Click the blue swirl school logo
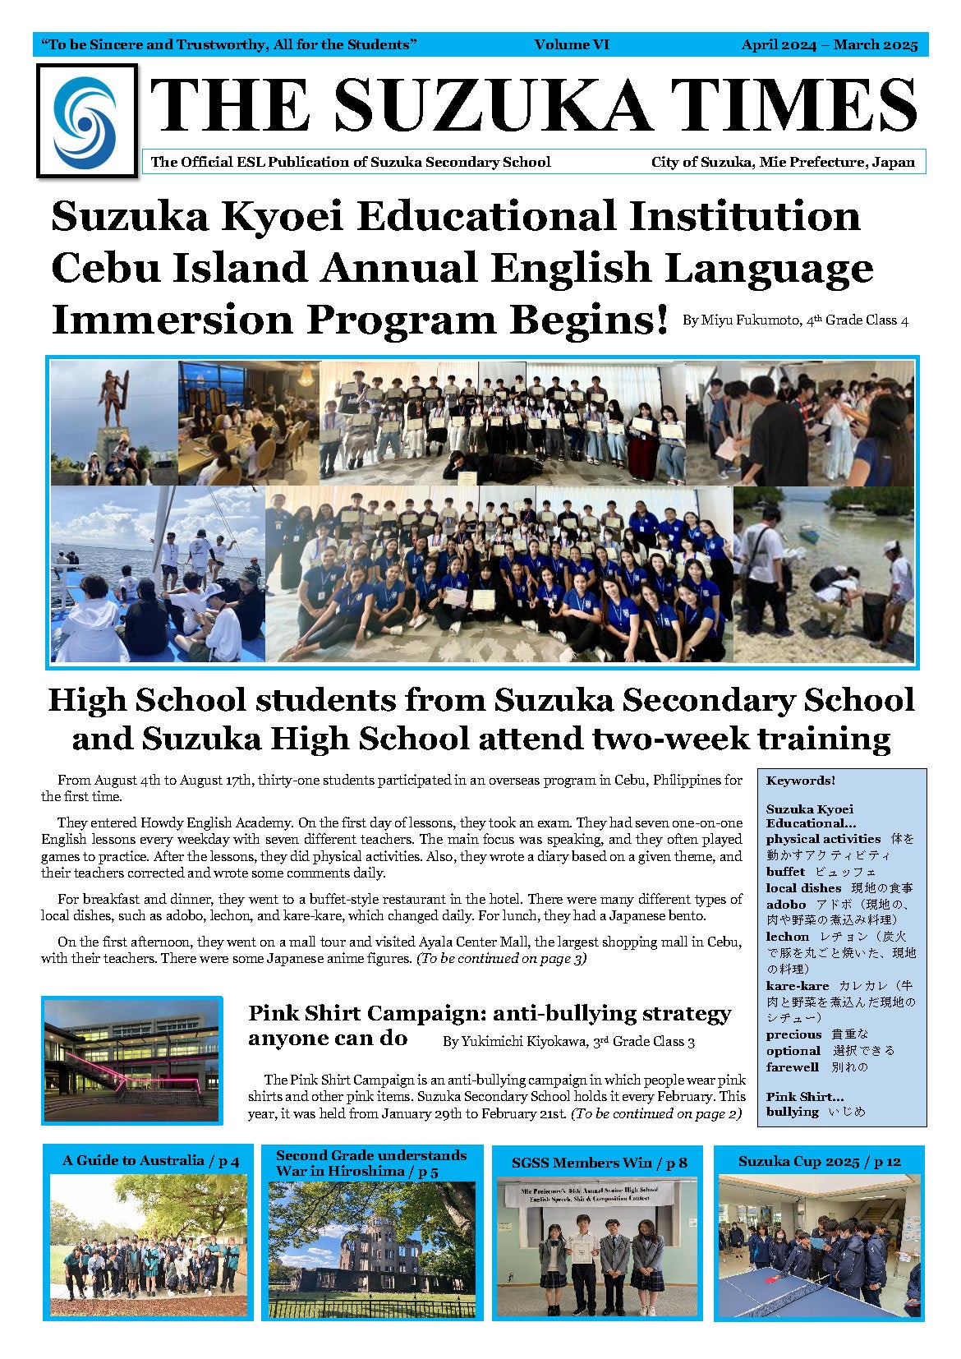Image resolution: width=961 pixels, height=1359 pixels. (85, 120)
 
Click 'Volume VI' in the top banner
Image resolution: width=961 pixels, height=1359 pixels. (572, 45)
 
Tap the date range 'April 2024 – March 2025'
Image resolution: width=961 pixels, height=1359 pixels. (829, 45)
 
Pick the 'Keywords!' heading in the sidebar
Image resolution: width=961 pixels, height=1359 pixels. (800, 781)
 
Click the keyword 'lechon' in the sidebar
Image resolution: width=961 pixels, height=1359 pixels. (787, 937)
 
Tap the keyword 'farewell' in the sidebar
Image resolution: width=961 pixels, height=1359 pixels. (792, 1067)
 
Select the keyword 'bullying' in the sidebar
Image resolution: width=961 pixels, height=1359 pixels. (792, 1112)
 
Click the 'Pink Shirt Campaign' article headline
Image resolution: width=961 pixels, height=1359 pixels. (489, 1025)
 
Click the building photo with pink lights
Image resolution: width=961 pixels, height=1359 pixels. (131, 1061)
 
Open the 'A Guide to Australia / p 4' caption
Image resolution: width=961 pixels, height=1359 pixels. (150, 1161)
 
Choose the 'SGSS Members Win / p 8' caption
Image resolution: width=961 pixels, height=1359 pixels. (599, 1163)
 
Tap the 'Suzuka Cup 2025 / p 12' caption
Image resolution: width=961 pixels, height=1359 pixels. (819, 1162)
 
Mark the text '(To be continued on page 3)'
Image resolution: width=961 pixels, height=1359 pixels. (501, 959)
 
